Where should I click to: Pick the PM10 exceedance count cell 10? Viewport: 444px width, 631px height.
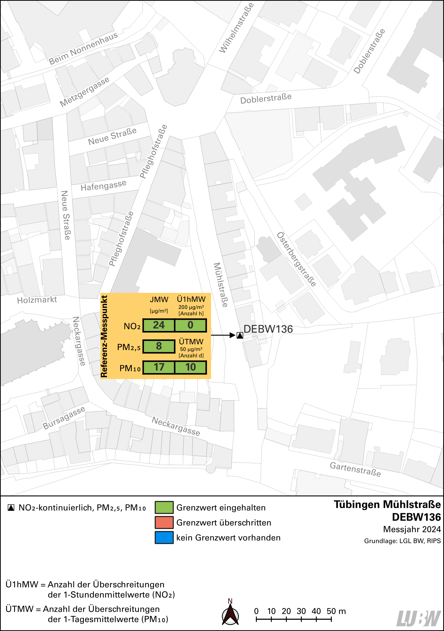click(191, 367)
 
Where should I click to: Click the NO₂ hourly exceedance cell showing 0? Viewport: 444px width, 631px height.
click(191, 325)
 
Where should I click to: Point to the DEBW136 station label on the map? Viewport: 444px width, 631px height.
click(268, 329)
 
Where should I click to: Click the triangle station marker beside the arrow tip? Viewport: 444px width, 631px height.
click(240, 335)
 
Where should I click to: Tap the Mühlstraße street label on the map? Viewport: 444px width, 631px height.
click(221, 285)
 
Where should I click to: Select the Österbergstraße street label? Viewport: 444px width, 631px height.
click(296, 259)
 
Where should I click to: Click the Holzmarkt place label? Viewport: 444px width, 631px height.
click(37, 300)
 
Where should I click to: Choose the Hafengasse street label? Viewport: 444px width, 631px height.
click(103, 185)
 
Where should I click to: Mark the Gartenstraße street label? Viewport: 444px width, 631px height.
click(355, 469)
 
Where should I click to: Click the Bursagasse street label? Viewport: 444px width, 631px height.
click(64, 418)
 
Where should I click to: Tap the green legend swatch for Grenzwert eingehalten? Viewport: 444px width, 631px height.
click(164, 507)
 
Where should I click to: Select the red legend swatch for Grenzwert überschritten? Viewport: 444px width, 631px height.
click(164, 522)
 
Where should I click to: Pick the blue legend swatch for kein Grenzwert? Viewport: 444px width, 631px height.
click(164, 538)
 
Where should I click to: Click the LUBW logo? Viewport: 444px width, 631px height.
click(419, 618)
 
